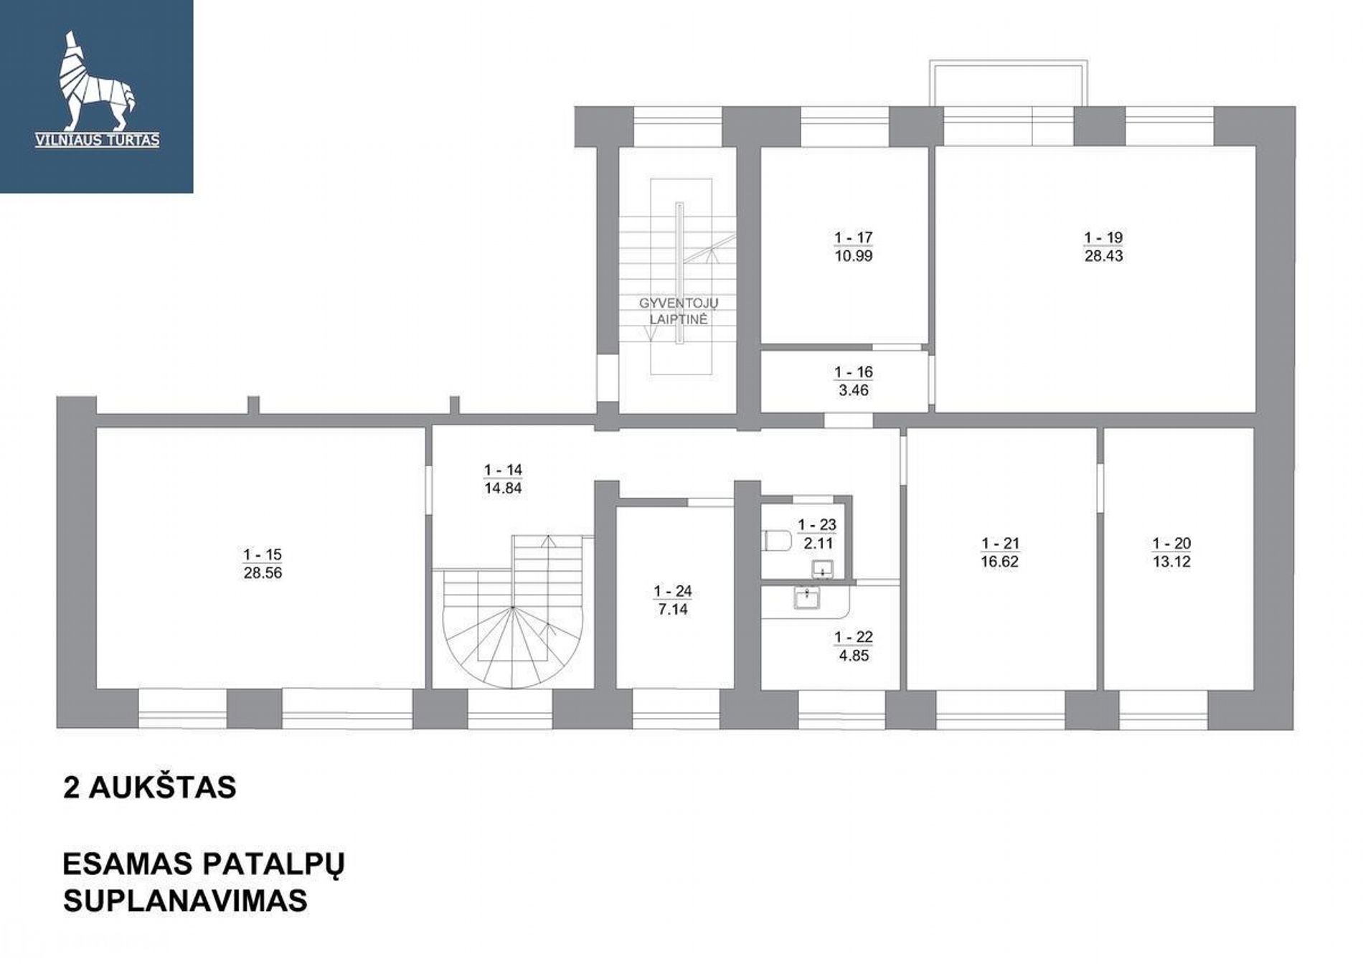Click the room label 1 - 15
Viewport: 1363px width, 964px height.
(263, 554)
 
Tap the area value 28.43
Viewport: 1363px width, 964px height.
(1103, 256)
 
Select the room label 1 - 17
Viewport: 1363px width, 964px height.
(853, 237)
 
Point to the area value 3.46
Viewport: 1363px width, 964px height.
(853, 391)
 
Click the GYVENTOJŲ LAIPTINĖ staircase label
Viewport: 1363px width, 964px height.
(679, 311)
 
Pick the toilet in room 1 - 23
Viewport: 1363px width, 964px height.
(776, 539)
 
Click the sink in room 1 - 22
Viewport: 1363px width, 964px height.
(807, 597)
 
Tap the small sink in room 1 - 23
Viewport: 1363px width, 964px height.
(822, 570)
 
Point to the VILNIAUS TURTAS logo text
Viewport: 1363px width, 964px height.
(97, 141)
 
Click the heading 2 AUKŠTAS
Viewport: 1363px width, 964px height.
(150, 788)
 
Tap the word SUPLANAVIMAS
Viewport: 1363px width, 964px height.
(185, 900)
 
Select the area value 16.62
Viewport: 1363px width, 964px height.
(1000, 562)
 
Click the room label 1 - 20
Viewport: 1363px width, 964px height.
(1171, 544)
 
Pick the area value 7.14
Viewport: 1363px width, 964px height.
(673, 610)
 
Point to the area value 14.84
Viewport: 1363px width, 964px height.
(503, 488)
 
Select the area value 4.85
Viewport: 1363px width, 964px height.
(853, 656)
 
